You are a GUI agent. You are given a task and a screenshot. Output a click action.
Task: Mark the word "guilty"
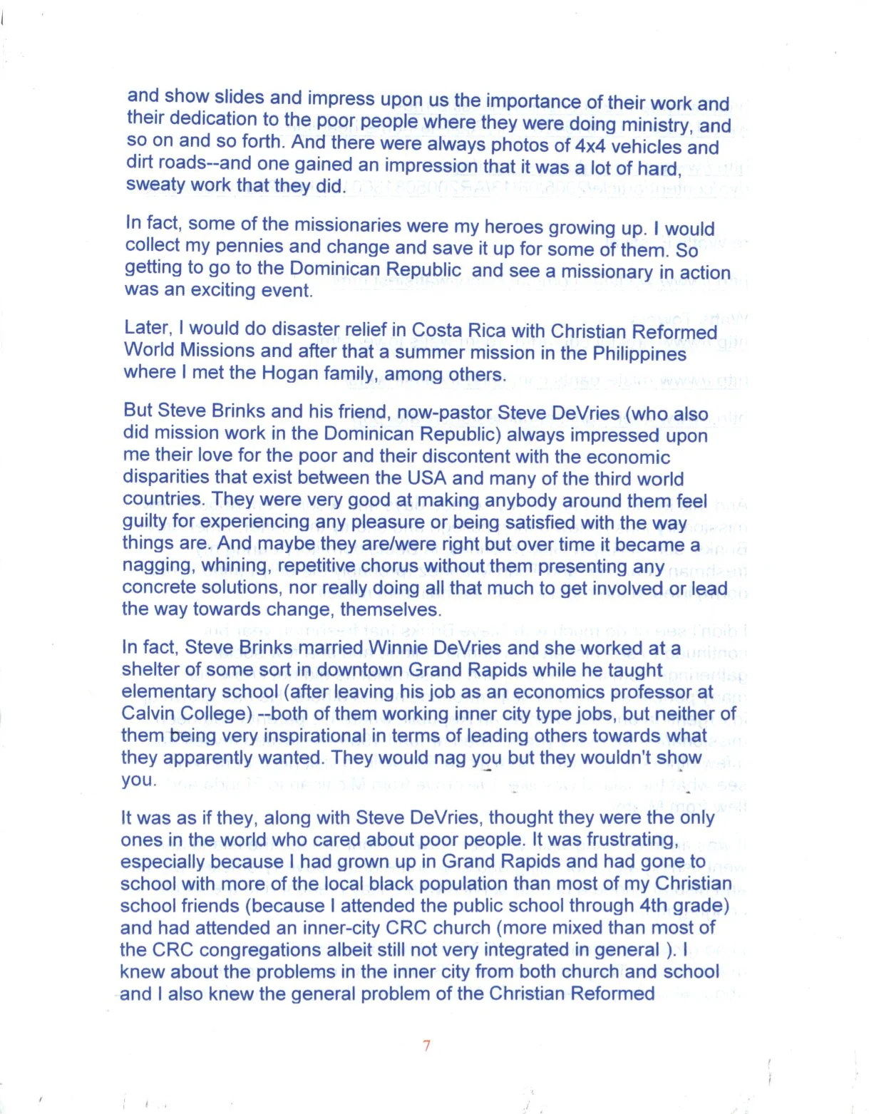click(144, 521)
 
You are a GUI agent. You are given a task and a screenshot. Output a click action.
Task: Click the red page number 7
click(426, 1046)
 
